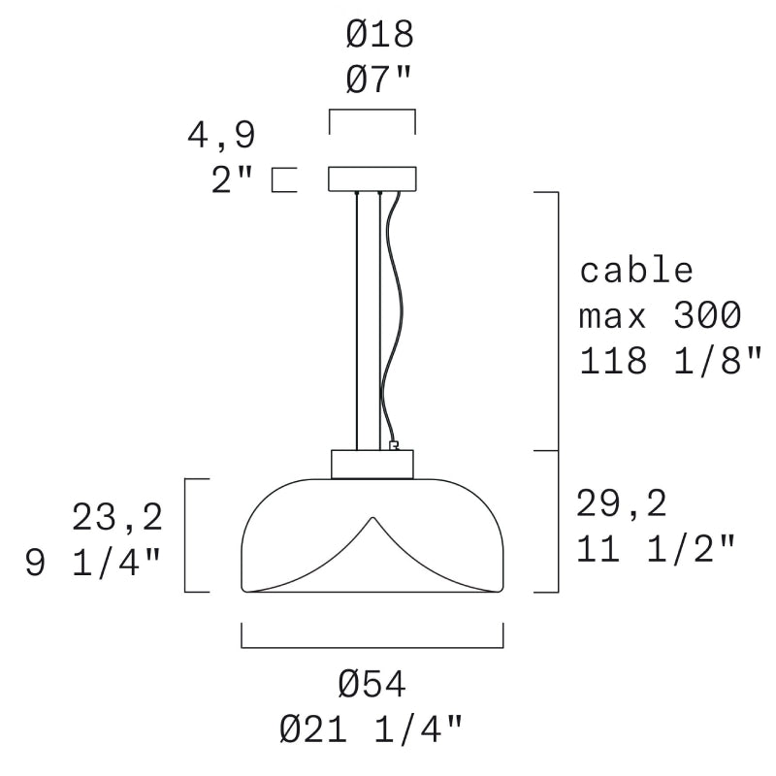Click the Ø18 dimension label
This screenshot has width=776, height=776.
(379, 34)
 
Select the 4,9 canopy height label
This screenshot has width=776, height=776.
(221, 135)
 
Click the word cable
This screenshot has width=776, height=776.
(636, 271)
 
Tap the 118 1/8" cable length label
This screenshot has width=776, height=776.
(670, 359)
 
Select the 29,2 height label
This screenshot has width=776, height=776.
(622, 503)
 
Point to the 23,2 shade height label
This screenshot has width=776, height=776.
(117, 517)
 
